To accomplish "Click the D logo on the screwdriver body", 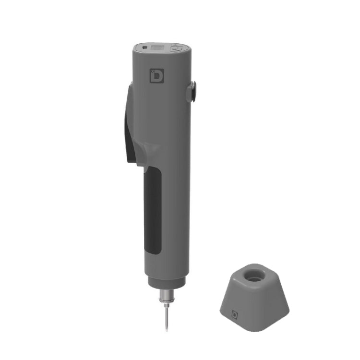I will (x=156, y=76).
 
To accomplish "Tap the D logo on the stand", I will (x=235, y=314).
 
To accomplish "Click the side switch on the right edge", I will (x=192, y=91).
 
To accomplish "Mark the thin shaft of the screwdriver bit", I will (x=166, y=317).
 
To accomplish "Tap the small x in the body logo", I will (x=152, y=71).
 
